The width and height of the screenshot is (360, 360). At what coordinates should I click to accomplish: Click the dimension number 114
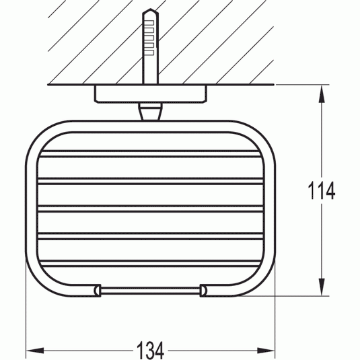[x=321, y=190]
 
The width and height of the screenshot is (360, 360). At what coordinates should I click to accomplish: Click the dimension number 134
[x=150, y=351]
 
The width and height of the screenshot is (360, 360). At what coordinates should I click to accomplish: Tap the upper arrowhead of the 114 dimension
[x=322, y=94]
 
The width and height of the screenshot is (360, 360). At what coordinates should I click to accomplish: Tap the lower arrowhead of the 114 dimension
[x=322, y=287]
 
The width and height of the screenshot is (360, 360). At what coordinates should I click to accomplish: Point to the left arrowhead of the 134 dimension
[x=35, y=351]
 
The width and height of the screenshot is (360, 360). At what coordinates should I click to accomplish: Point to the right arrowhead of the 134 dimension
[x=266, y=351]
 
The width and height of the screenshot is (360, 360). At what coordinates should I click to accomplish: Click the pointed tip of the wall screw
[x=150, y=9]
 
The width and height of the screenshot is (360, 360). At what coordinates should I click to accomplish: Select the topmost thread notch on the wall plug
[x=149, y=23]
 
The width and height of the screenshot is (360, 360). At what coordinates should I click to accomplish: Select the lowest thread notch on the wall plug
[x=149, y=52]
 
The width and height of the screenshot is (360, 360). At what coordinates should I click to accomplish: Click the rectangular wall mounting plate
[x=150, y=94]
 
